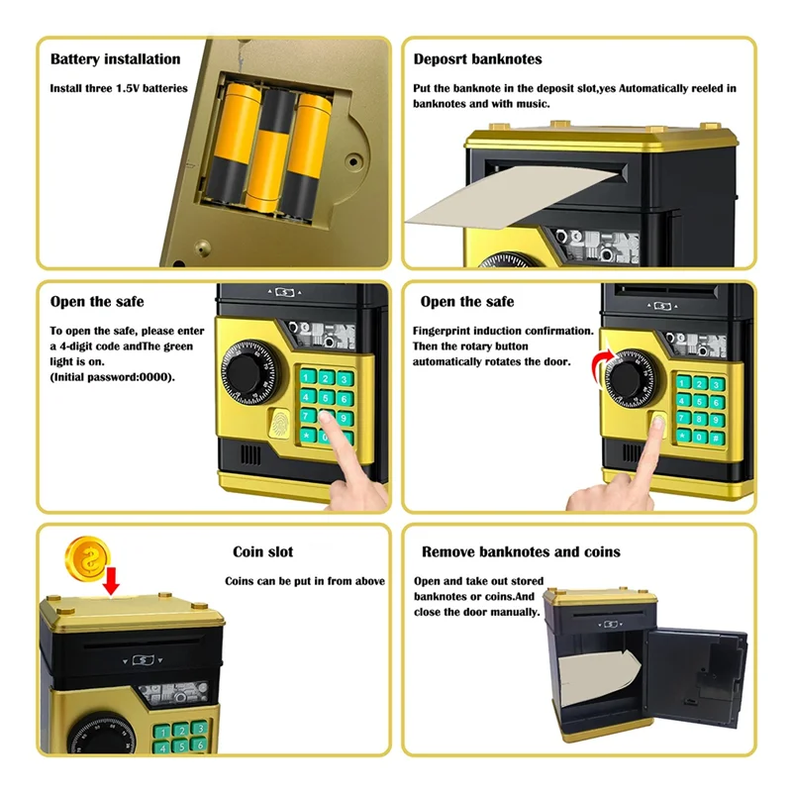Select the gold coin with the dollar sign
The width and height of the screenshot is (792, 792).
coord(84,560)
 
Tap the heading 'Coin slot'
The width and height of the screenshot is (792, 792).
coord(262,551)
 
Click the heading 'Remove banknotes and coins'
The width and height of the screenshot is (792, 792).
coord(521,551)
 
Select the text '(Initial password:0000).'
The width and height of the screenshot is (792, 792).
coord(113,377)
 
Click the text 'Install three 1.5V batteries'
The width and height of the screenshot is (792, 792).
coord(119,88)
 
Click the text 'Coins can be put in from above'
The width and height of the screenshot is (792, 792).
coord(305,581)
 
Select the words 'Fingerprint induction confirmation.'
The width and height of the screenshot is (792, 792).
coord(503,331)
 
